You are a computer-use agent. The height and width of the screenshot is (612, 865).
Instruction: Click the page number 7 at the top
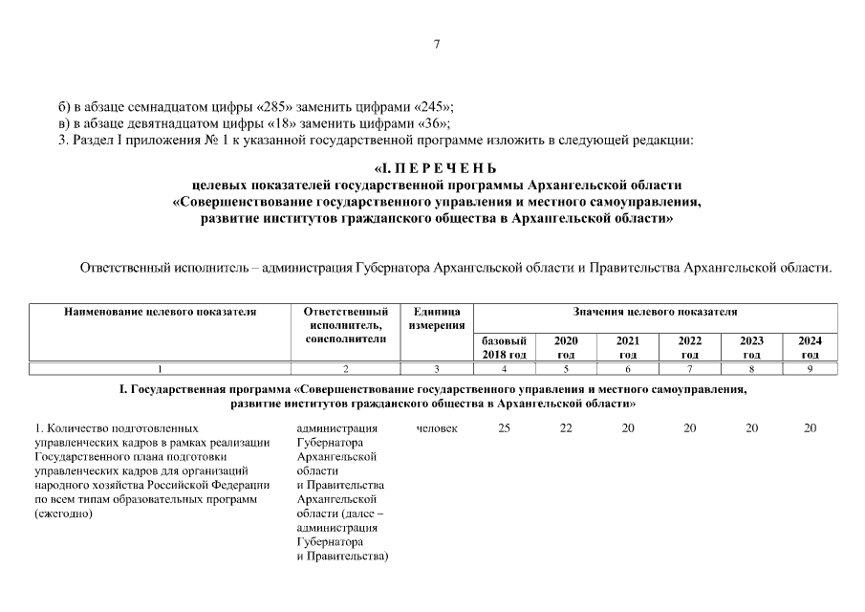click(x=436, y=44)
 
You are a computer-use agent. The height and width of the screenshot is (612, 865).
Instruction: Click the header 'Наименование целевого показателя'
click(x=161, y=312)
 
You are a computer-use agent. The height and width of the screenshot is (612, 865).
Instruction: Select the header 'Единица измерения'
click(x=436, y=318)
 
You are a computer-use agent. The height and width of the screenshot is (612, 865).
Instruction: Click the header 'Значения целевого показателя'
click(x=655, y=312)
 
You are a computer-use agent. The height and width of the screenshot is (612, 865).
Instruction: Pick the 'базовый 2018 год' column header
click(x=504, y=347)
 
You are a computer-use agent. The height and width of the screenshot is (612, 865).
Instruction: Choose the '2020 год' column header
click(x=566, y=347)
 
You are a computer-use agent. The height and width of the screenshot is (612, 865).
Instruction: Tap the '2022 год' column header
click(x=689, y=347)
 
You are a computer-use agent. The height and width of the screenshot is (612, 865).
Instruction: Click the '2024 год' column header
click(x=810, y=347)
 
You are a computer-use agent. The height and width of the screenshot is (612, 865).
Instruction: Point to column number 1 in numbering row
click(x=160, y=369)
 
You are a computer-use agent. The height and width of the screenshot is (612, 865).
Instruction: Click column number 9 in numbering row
click(x=810, y=369)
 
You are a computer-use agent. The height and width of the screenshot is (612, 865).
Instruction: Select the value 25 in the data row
click(x=504, y=428)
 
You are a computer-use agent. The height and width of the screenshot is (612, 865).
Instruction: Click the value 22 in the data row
click(x=566, y=428)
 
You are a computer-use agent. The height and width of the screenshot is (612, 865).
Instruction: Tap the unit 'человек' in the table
click(x=437, y=428)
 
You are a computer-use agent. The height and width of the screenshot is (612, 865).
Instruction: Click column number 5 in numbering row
click(x=566, y=369)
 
